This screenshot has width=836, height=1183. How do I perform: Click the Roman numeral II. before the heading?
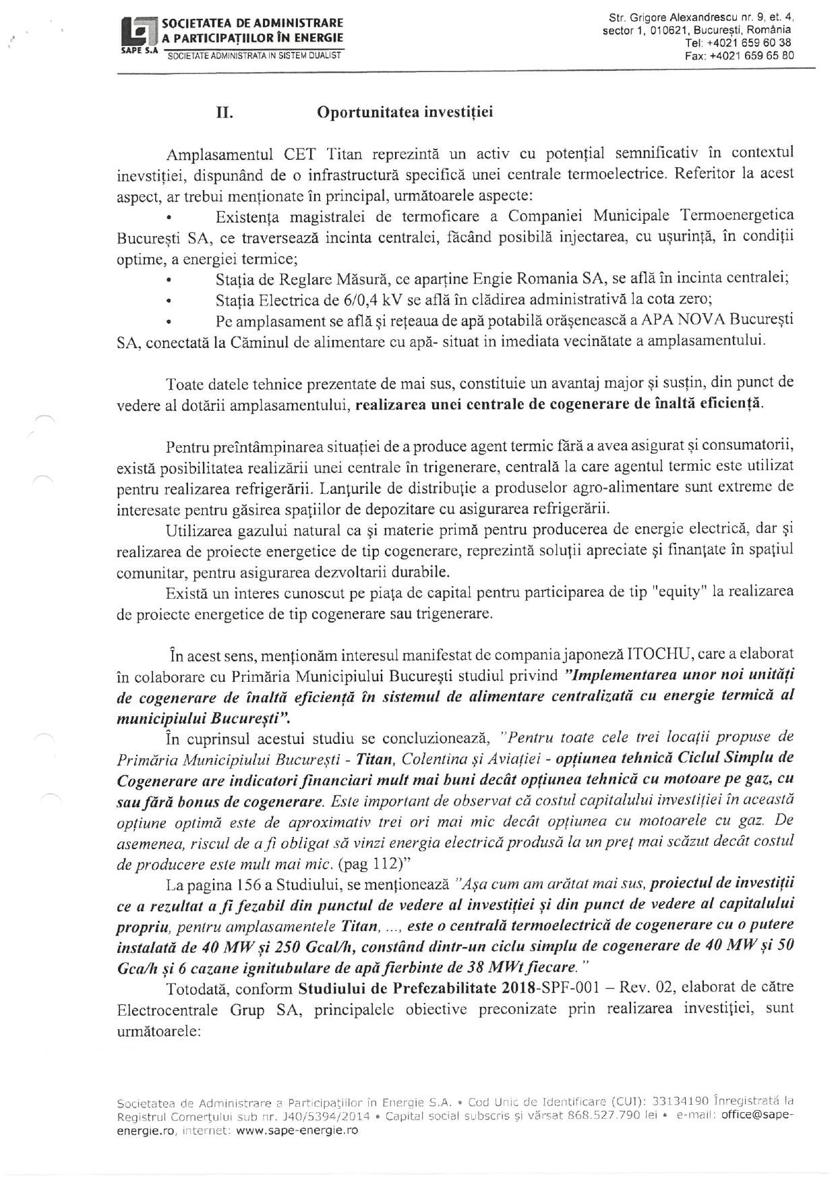[225, 113]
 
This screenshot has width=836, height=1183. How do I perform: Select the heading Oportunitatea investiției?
[405, 112]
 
